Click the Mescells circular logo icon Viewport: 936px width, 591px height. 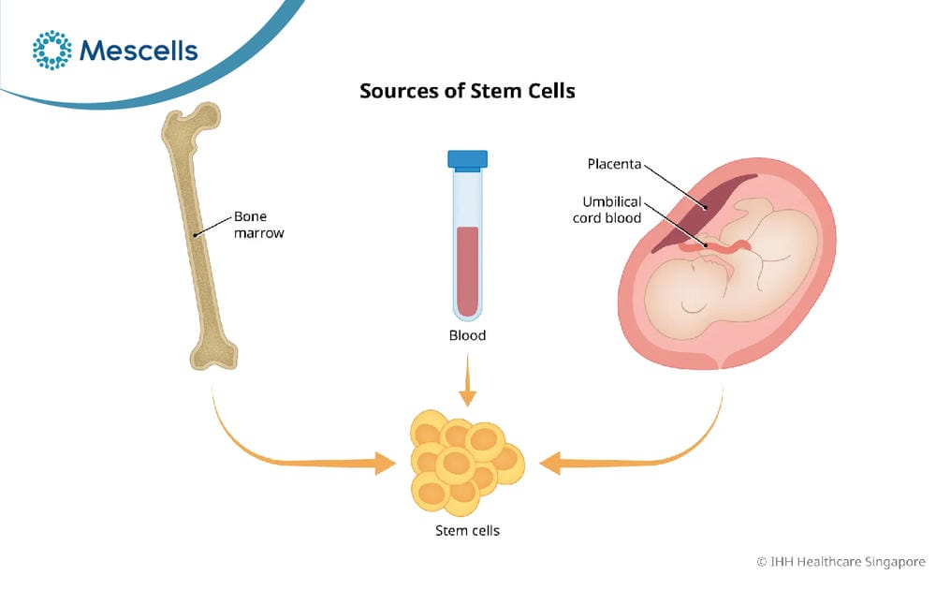point(51,51)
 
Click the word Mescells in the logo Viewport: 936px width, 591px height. point(139,51)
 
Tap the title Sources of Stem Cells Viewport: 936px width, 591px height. point(467,91)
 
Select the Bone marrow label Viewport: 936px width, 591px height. point(258,225)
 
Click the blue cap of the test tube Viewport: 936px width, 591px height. point(467,159)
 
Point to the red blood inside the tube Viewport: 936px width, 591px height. point(467,271)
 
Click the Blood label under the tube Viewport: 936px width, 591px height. point(467,335)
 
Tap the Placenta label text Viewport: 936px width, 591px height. point(614,164)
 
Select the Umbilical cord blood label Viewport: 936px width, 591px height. point(607,210)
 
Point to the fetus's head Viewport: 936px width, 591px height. point(686,293)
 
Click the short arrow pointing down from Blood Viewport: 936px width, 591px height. point(467,380)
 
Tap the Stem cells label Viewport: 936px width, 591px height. point(467,531)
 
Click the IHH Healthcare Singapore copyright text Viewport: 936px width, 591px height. point(841,562)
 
